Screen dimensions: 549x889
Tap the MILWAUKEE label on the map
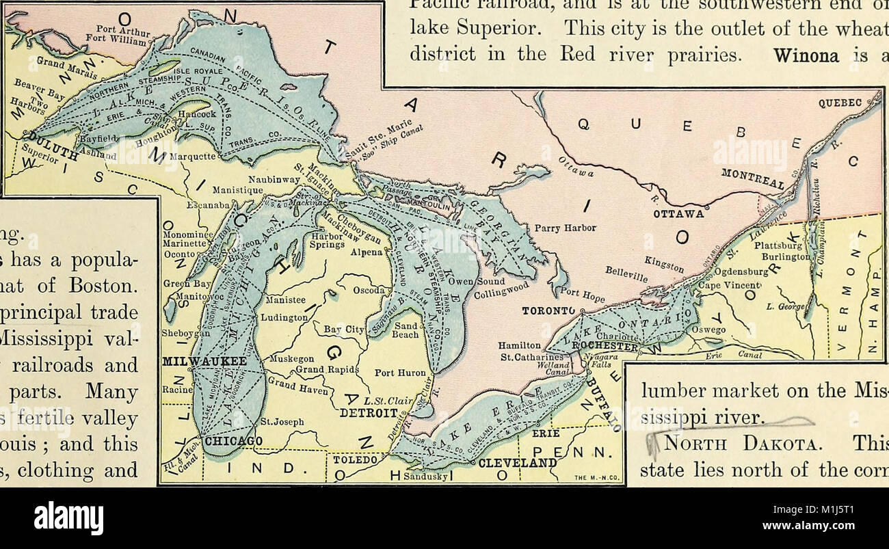click(195, 360)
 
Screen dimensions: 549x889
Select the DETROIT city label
click(369, 413)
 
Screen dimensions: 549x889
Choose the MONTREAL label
click(752, 179)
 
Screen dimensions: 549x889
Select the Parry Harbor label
click(566, 228)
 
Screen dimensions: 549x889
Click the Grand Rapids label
click(328, 370)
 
